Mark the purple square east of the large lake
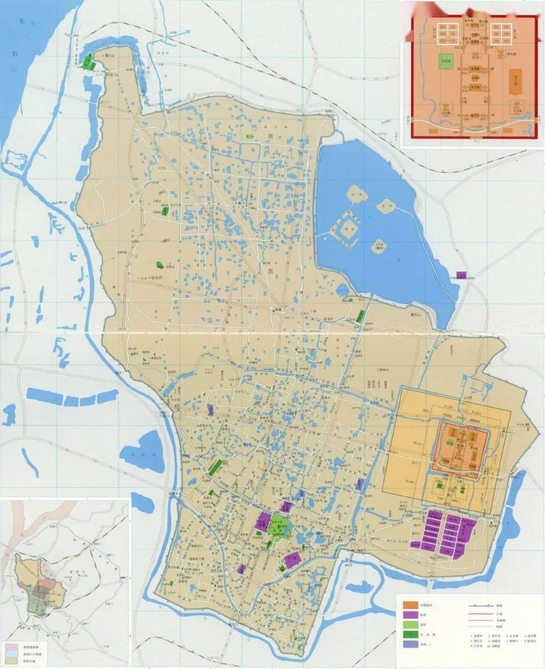coord(461,275)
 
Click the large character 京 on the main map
coord(270,271)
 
